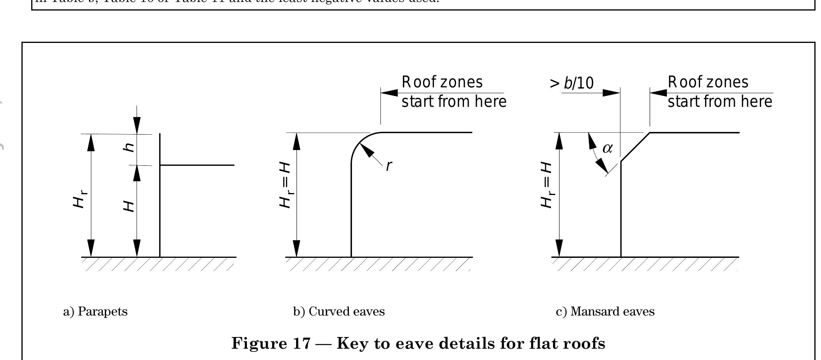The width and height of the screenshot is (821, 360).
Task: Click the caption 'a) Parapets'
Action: (x=95, y=312)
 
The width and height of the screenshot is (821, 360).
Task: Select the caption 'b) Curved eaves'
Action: (x=339, y=312)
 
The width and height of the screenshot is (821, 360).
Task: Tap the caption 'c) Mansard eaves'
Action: (x=605, y=312)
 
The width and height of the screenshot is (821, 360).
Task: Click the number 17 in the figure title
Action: (x=302, y=344)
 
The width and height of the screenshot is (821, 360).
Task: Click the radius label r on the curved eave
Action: (x=388, y=166)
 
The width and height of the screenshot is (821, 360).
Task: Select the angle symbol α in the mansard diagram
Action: (x=608, y=149)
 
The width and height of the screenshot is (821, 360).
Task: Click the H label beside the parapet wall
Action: (x=129, y=206)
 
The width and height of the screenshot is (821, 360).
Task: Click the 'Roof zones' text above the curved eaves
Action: (x=442, y=82)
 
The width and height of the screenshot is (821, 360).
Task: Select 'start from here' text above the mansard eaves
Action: (x=720, y=102)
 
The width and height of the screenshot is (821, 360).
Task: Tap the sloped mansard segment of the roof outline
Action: (x=635, y=147)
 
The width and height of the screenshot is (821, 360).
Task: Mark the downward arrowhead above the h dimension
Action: (x=137, y=126)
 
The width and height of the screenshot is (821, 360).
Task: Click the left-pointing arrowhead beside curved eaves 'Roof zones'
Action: (x=389, y=93)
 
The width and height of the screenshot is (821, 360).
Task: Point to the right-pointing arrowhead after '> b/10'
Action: (x=611, y=93)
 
